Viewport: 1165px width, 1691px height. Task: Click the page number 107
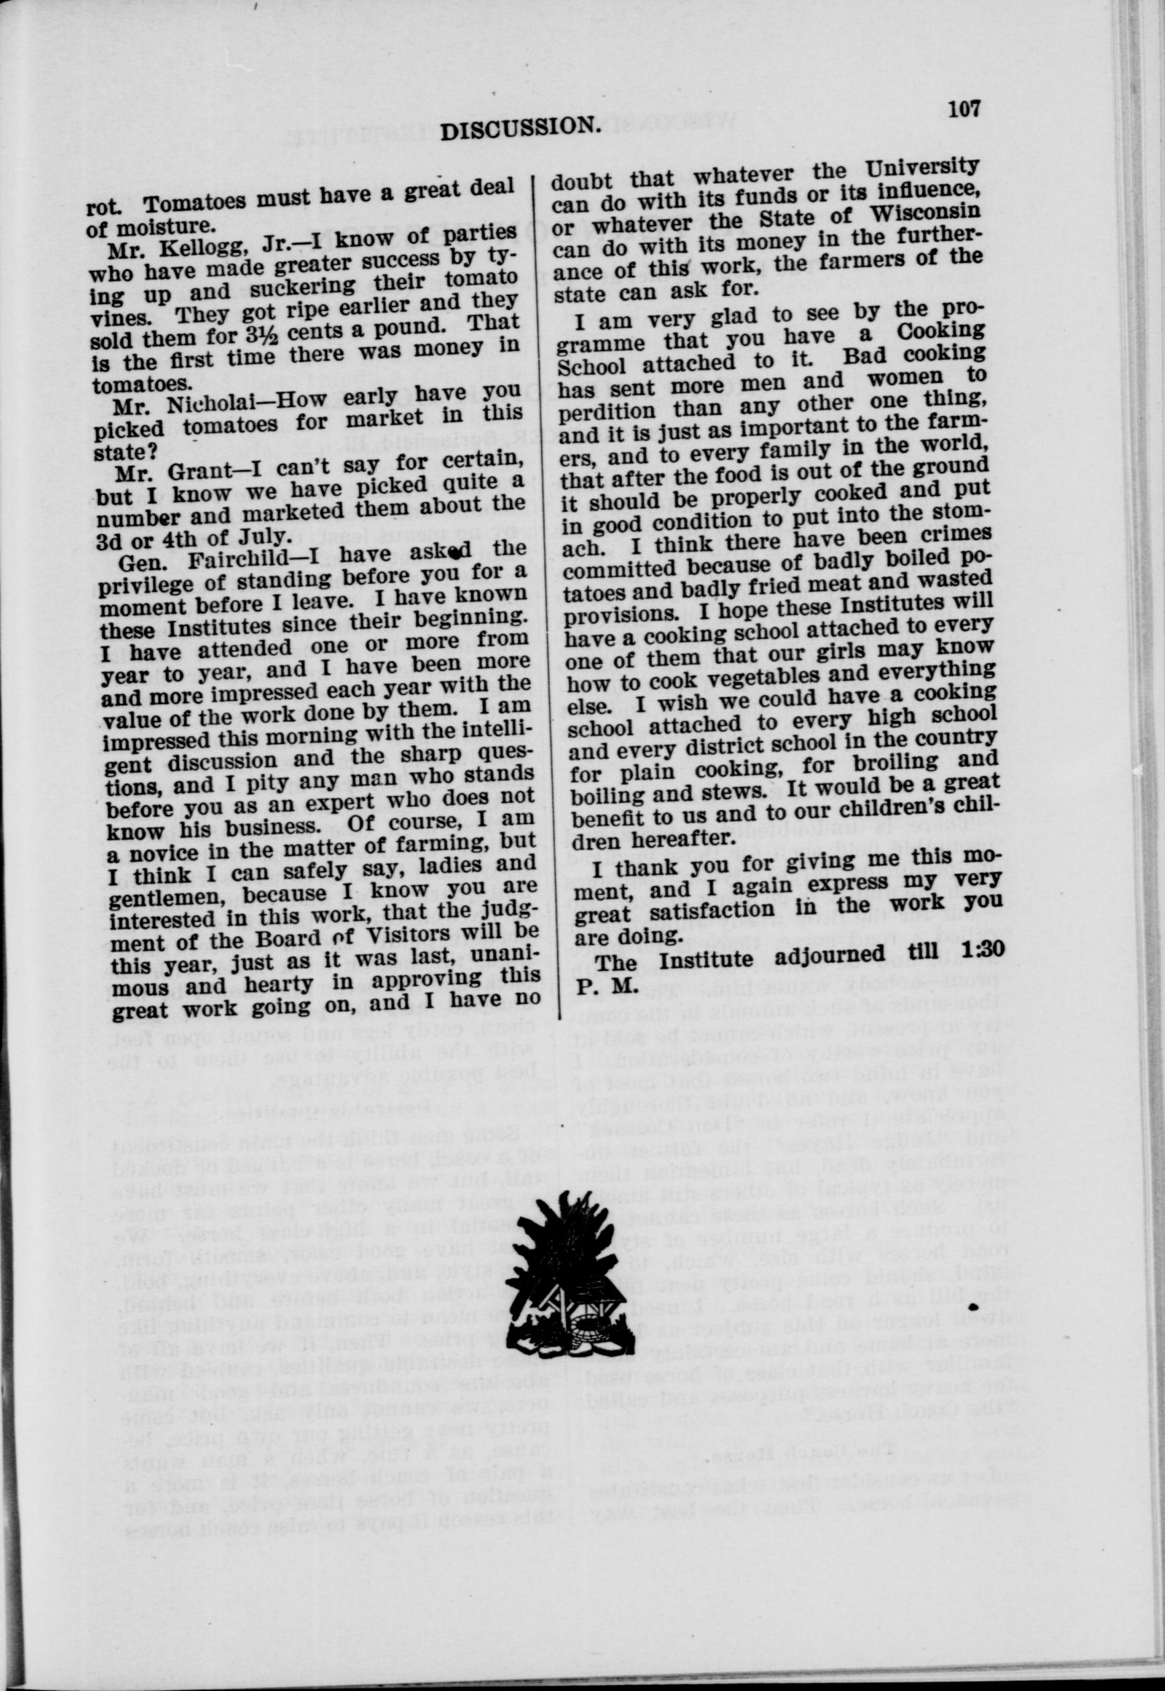964,109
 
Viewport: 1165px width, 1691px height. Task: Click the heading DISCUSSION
521,127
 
